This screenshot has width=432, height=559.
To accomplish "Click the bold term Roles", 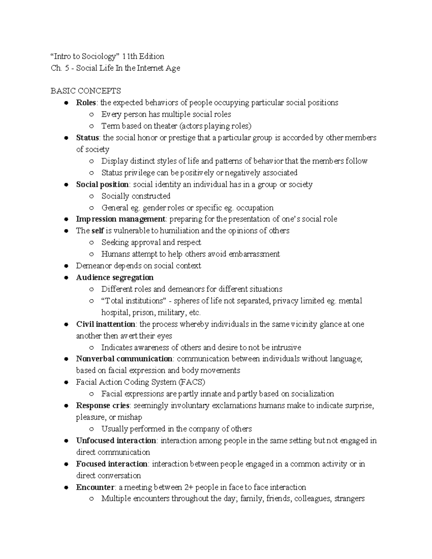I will click(x=86, y=103).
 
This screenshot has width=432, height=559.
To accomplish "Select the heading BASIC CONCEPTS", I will click(x=86, y=91).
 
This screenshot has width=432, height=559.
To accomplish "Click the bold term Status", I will click(x=87, y=138).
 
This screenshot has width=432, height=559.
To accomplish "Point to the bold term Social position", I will click(x=102, y=184).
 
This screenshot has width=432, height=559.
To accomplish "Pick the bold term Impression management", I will click(x=121, y=219).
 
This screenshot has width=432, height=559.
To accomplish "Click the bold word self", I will click(x=98, y=231).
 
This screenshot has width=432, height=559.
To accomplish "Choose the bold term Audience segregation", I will click(x=115, y=277).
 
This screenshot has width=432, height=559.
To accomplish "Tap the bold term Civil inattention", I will click(x=106, y=324).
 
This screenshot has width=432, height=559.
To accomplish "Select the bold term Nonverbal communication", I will click(x=124, y=359).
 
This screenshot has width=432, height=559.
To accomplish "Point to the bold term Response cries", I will click(x=103, y=405).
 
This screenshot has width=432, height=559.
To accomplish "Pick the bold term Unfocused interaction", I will click(x=116, y=441).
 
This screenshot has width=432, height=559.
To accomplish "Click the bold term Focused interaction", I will click(x=112, y=464).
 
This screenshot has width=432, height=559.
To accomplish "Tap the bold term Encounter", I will click(x=95, y=487).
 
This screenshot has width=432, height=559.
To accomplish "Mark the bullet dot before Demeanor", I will click(x=66, y=266).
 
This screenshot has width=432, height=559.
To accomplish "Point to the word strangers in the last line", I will click(x=349, y=499).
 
